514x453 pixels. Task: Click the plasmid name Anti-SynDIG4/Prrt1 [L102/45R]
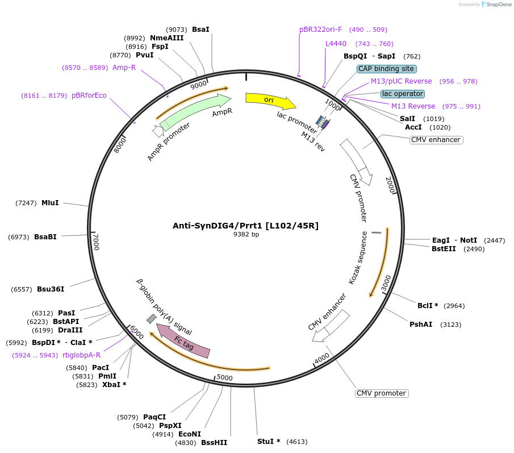coord(245,226)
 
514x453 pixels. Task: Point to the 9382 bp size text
coord(246,234)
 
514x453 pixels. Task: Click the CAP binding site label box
coord(386,69)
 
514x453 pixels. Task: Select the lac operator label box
coord(403,93)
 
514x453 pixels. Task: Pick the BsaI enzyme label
coord(200,29)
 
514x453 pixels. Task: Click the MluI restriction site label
coord(50,203)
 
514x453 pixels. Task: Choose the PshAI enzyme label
coord(421,325)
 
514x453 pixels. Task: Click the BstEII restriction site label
coord(444,248)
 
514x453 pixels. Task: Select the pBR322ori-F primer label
coord(320,30)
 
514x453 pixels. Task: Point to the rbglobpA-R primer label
coord(81,355)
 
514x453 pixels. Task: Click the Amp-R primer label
coord(124,67)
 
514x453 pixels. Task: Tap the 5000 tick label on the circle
coord(225,378)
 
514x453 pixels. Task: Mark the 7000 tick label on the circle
coord(96,242)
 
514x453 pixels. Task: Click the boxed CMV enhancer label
coord(436,140)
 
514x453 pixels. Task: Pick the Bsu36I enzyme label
coord(51,289)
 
